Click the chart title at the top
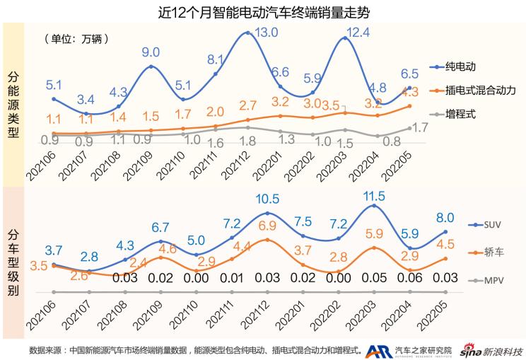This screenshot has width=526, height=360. (x=263, y=11)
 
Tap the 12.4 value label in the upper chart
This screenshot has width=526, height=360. (x=359, y=32)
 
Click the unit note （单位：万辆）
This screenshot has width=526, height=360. (x=76, y=38)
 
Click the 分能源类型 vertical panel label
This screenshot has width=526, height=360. (x=13, y=104)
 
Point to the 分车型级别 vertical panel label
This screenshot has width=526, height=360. (x=13, y=261)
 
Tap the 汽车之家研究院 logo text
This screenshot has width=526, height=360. (x=422, y=349)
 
